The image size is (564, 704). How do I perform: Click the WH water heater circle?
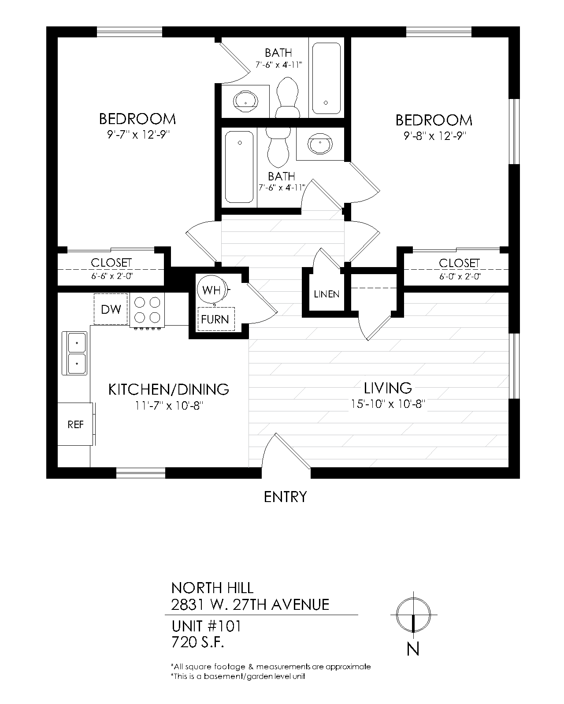click(211, 290)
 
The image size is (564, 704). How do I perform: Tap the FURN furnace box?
click(215, 319)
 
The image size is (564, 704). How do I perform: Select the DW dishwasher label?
click(111, 309)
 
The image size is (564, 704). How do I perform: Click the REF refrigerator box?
click(75, 425)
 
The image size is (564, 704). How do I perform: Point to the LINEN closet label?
click(327, 294)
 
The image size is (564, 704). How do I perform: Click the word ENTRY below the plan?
click(285, 497)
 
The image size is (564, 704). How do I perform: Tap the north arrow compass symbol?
click(413, 616)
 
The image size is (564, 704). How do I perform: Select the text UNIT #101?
click(206, 626)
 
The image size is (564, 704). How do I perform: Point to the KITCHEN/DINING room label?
click(169, 389)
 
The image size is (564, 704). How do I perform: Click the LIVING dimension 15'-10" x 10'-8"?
click(388, 403)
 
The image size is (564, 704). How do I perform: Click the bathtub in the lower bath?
click(239, 167)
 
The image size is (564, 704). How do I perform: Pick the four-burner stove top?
click(147, 310)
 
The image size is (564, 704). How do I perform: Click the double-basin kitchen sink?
click(77, 353)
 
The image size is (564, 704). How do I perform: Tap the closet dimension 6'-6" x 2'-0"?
click(111, 276)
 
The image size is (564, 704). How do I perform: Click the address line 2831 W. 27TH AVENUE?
click(250, 605)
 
